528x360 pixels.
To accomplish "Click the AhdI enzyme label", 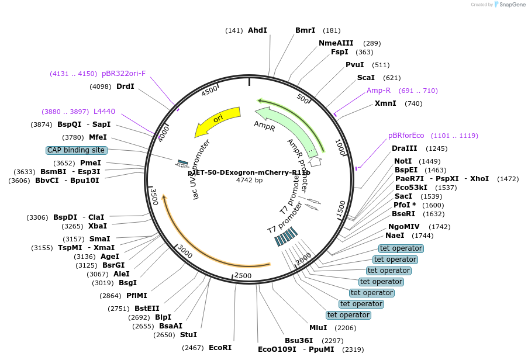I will coord(257,30).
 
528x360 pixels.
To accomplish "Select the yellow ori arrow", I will coord(218,119).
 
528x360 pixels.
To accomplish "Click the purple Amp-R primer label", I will coord(378,91).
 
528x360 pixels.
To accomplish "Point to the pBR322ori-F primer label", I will coord(123,74).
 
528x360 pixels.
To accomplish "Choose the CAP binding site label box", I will coord(76,150).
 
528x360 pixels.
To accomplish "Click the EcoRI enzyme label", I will coord(220,348).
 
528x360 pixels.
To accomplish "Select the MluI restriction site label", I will coord(318,328).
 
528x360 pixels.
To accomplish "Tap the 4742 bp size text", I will coord(249,180).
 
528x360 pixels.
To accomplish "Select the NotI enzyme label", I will coord(403,161).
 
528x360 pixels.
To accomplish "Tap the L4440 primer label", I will coord(104,111).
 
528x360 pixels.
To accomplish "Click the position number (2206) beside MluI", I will coord(345,328).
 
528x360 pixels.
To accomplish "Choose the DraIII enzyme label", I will coord(404,148).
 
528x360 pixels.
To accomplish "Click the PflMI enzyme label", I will coord(137,296).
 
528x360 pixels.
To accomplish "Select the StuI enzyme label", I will coord(188,335).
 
